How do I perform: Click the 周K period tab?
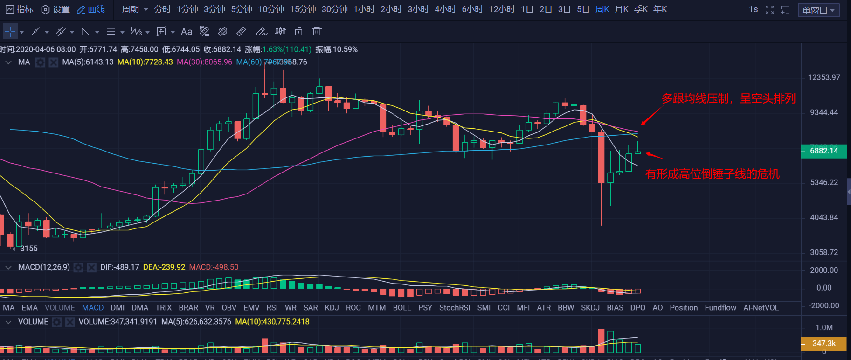coord(602,9)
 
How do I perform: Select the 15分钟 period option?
coord(303,9)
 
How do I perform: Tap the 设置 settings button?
coord(55,9)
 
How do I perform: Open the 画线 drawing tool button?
coord(91,9)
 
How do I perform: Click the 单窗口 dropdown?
coord(818,10)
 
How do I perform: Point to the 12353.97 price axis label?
coord(823,77)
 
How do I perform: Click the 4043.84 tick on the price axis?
coord(823,217)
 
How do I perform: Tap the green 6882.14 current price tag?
coord(823,151)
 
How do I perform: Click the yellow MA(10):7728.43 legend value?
coord(145,62)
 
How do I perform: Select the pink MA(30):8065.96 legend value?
coord(204,62)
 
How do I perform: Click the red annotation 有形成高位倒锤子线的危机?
coord(712,174)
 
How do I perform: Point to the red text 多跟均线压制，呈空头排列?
coord(728,98)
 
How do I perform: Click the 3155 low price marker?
coord(28,249)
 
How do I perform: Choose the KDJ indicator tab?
coord(332,308)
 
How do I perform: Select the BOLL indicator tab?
coord(401,308)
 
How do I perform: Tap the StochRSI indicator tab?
coord(454,308)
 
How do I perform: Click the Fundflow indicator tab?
coord(720,308)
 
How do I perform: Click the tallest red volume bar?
coord(601,341)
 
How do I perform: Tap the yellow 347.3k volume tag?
coord(823,344)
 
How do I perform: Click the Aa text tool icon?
coord(187,32)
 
